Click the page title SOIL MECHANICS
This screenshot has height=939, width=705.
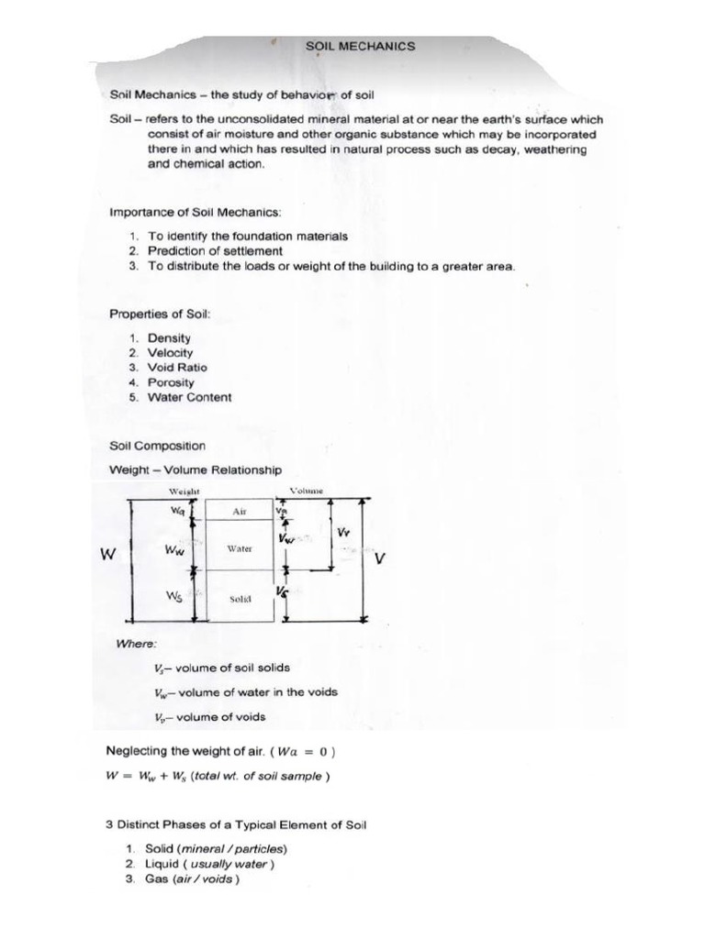360,46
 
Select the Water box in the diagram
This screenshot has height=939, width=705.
239,547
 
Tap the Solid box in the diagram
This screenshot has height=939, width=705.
240,598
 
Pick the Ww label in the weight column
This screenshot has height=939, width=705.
173,550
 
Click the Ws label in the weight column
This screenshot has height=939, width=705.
173,596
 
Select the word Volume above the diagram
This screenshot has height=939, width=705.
308,491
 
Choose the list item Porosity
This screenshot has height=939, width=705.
171,382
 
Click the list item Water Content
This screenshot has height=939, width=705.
189,397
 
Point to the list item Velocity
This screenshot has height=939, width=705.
170,353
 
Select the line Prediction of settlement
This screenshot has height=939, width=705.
215,250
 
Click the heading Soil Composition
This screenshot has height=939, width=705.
157,446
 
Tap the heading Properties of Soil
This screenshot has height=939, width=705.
160,314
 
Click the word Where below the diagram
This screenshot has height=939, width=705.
136,644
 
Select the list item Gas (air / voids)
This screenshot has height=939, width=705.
192,879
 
